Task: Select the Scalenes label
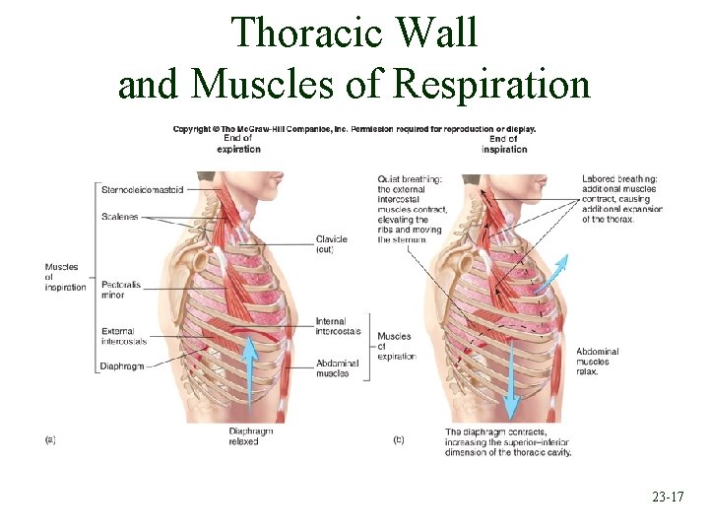coord(119,216)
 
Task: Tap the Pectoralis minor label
coord(120,290)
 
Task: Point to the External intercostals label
coord(123,335)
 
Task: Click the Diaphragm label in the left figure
coord(122,366)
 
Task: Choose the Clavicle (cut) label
coord(332,244)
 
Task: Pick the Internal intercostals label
coord(338,326)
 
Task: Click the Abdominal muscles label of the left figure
coord(337,367)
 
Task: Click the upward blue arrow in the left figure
coord(251,374)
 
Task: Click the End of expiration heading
coord(239,144)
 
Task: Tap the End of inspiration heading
coord(505,144)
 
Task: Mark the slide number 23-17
coord(667,498)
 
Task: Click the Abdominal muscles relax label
coord(598,362)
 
